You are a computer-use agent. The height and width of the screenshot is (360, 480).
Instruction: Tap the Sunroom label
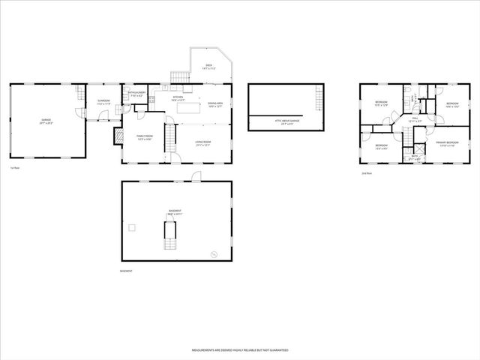pyautogui.click(x=103, y=103)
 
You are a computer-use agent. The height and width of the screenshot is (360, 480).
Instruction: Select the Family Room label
pyautogui.click(x=144, y=137)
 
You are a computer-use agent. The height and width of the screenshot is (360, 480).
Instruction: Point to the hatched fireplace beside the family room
pyautogui.click(x=118, y=136)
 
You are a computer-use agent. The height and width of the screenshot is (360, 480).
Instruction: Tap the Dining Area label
pyautogui.click(x=215, y=105)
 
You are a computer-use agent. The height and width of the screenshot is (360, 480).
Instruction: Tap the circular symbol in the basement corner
pyautogui.click(x=213, y=253)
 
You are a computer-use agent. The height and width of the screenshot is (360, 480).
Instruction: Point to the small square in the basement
pyautogui.click(x=132, y=226)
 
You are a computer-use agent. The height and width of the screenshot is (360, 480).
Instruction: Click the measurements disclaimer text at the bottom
pyautogui.click(x=239, y=350)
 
